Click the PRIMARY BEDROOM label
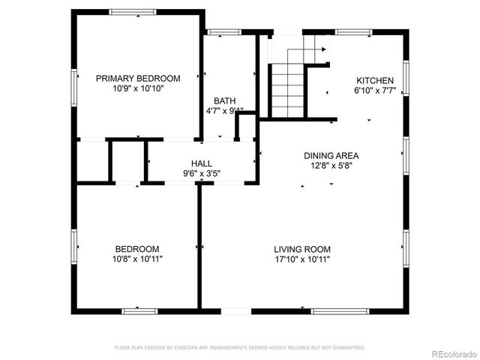coord(138,78)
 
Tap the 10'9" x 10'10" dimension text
coord(138,88)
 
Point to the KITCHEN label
coord(374,81)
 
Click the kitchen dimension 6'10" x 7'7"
coord(374,91)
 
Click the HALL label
coord(201,163)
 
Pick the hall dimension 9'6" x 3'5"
coord(201,173)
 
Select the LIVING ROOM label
coord(301,249)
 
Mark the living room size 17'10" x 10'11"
coord(301,259)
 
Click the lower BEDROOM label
coord(136,249)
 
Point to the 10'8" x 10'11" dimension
coord(136,259)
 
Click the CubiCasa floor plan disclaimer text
coord(239,347)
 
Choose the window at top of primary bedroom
coord(133,11)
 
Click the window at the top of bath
coord(220,31)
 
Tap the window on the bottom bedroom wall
coord(139,310)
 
